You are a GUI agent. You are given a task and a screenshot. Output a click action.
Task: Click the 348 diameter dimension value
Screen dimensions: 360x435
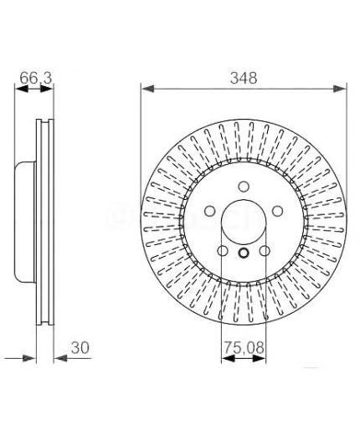click(x=244, y=78)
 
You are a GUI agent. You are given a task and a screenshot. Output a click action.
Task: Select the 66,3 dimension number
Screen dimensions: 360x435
click(x=36, y=78)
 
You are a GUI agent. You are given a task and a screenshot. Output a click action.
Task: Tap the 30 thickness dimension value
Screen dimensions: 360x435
click(x=80, y=348)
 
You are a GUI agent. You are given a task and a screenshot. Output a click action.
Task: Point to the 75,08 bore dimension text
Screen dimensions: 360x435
click(x=244, y=348)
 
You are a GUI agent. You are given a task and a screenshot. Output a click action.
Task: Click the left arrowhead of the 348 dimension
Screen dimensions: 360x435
click(x=148, y=89)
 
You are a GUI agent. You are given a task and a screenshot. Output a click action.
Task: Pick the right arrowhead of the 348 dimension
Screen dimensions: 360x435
click(x=340, y=89)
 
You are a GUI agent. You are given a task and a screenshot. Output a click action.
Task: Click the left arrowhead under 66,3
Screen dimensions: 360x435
click(x=21, y=89)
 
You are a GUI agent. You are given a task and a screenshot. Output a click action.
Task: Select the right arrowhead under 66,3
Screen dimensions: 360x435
click(x=47, y=89)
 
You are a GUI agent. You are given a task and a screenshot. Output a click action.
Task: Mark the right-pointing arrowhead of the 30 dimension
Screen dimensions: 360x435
click(x=29, y=358)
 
